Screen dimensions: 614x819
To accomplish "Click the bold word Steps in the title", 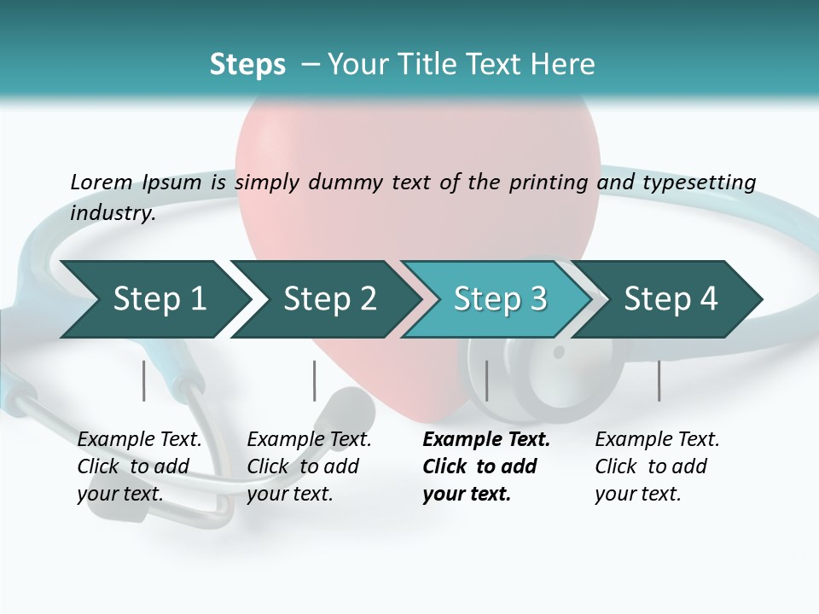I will (x=247, y=65).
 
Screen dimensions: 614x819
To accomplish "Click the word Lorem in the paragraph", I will (x=101, y=182).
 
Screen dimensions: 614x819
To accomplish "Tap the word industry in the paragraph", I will (x=112, y=213).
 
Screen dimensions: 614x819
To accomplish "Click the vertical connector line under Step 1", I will (x=143, y=380).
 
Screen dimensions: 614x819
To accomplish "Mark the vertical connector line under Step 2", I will (x=314, y=380).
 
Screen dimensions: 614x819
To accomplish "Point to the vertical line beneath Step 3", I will (x=486, y=380).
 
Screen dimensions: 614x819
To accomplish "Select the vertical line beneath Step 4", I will (x=659, y=380).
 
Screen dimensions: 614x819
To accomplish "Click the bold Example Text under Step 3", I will (x=486, y=440).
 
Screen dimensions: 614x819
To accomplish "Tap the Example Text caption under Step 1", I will (x=139, y=440).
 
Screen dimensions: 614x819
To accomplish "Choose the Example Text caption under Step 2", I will (x=309, y=440).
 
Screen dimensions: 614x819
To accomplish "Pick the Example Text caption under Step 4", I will (x=657, y=440).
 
